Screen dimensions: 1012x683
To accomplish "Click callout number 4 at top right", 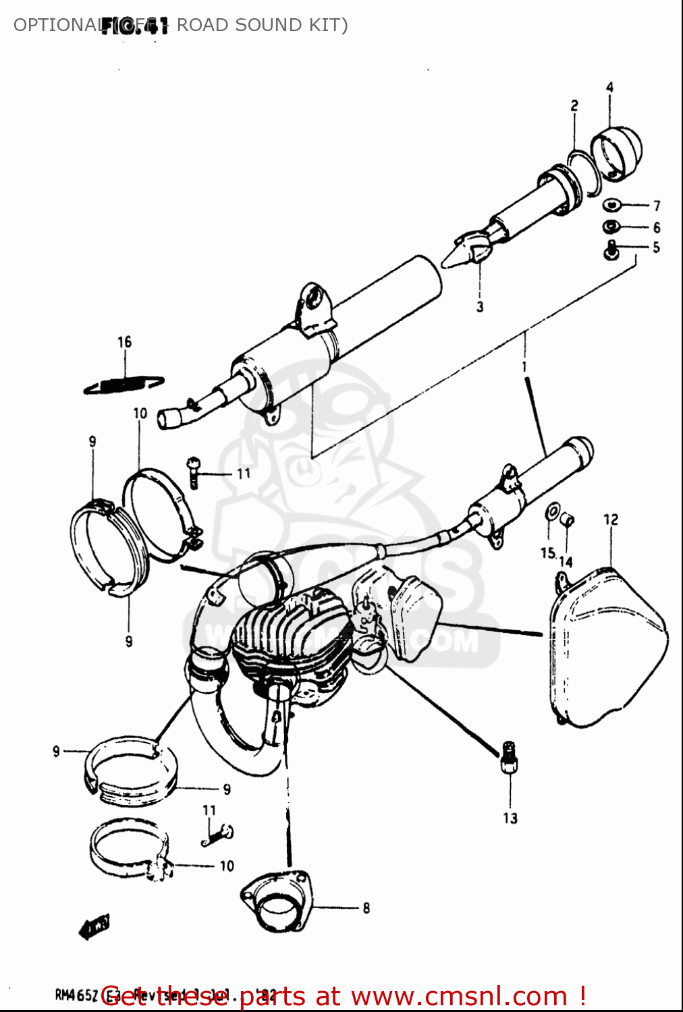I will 609,88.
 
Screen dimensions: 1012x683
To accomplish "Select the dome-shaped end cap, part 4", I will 617,153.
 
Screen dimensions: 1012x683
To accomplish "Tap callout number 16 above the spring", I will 125,342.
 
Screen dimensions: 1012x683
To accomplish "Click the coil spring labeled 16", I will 124,385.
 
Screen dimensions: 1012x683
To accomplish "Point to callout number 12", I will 611,519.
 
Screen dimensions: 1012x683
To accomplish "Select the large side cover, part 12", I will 607,648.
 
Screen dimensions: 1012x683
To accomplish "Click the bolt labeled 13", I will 510,759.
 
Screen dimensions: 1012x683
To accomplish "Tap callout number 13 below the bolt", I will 510,818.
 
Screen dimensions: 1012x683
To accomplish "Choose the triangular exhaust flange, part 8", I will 275,903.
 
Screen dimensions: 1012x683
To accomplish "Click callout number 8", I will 366,908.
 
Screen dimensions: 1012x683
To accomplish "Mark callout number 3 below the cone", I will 480,307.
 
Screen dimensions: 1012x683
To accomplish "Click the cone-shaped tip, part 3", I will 466,251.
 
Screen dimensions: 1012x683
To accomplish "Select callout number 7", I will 657,206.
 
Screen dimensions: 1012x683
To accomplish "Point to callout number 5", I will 656,248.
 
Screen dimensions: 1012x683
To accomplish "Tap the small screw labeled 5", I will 611,252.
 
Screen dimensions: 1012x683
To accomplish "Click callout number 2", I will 574,106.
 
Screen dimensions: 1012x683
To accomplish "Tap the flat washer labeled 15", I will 553,511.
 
